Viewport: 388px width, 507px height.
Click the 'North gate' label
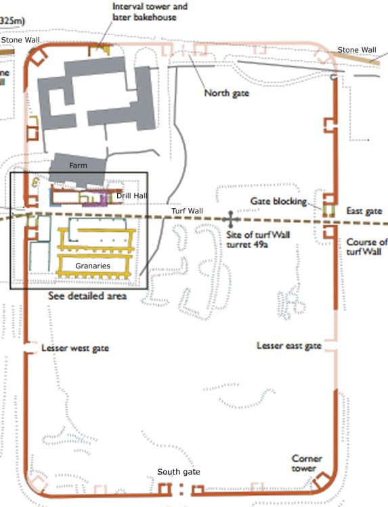pyautogui.click(x=226, y=93)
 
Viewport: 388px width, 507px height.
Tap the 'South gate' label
pyautogui.click(x=179, y=472)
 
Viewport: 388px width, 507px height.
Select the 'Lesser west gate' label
pyautogui.click(x=74, y=348)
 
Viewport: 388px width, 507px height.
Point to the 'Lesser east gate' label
pyautogui.click(x=288, y=345)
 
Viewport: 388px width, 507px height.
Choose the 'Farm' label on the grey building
pyautogui.click(x=77, y=164)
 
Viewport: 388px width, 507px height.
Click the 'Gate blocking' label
pyautogui.click(x=278, y=201)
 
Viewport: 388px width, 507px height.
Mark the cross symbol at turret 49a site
pyautogui.click(x=231, y=219)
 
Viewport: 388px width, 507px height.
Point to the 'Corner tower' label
pyautogui.click(x=307, y=463)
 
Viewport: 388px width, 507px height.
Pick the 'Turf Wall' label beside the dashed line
pyautogui.click(x=188, y=212)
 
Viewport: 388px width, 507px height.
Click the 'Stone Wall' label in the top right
pyautogui.click(x=357, y=50)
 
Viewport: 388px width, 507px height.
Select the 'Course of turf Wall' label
pyautogui.click(x=366, y=247)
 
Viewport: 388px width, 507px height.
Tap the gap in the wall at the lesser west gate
pyautogui.click(x=27, y=348)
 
